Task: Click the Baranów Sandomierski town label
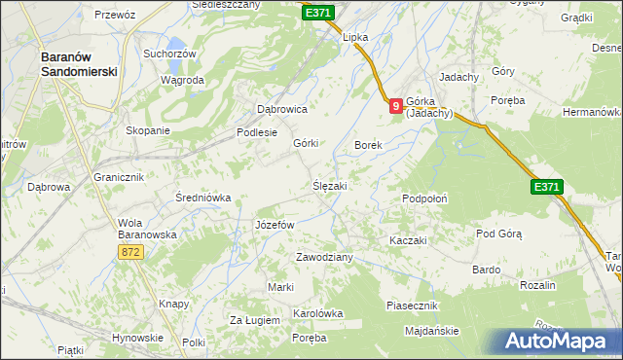(x=79, y=64)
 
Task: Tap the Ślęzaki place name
(x=330, y=185)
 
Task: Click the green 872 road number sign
(x=132, y=252)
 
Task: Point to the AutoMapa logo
(x=556, y=342)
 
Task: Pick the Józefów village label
(x=274, y=225)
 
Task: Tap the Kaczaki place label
(x=408, y=240)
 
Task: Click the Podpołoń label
(x=424, y=198)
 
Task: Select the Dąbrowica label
(x=281, y=110)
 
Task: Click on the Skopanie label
(x=148, y=130)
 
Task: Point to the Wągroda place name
(x=182, y=80)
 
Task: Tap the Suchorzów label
(x=169, y=54)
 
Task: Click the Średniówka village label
(x=202, y=198)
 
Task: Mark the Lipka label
(x=355, y=37)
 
